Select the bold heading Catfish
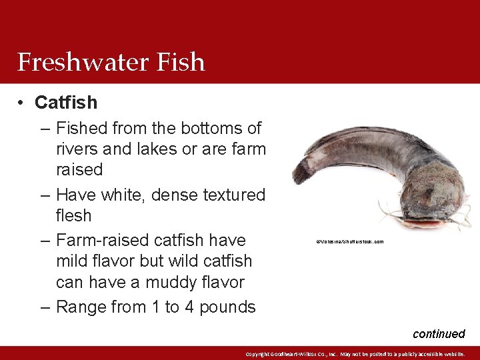coord(66,103)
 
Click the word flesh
coord(73,216)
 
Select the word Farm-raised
coord(102,240)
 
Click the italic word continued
coord(439,333)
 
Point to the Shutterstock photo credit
coord(349,242)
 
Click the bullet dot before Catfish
coord(22,103)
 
